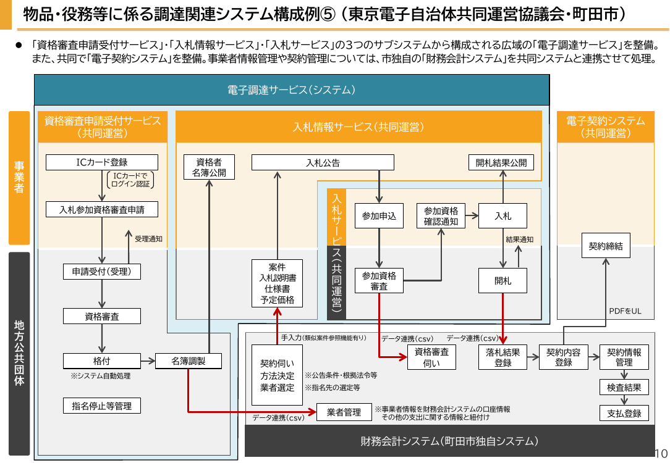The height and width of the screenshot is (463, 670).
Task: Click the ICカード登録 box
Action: [x=102, y=162]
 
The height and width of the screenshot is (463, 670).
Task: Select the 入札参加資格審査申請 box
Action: [x=102, y=209]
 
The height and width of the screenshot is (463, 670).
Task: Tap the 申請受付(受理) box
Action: [x=102, y=272]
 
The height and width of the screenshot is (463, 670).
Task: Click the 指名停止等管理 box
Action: [x=102, y=406]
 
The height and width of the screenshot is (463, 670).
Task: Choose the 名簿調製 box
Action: [x=189, y=361]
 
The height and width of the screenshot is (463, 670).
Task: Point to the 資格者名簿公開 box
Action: [x=209, y=167]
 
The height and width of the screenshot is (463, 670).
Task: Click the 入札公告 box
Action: [x=323, y=162]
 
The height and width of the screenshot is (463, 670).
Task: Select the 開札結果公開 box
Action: [x=501, y=162]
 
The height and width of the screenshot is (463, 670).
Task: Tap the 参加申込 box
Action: [x=379, y=216]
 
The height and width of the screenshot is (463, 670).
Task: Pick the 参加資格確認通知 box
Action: [x=441, y=216]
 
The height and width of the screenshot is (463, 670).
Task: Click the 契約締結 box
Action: [x=606, y=246]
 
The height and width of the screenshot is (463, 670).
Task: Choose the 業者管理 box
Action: [x=344, y=412]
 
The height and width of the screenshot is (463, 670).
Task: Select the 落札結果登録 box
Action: [x=503, y=357]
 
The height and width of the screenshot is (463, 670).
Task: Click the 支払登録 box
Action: [x=624, y=413]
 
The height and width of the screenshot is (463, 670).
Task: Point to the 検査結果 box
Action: [x=624, y=388]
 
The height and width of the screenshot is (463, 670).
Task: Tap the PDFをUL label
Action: [x=625, y=311]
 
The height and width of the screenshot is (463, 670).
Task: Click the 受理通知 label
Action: [x=149, y=239]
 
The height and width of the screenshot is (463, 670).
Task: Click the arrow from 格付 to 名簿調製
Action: [x=148, y=361]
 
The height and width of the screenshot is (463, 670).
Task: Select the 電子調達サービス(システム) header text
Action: [x=291, y=90]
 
